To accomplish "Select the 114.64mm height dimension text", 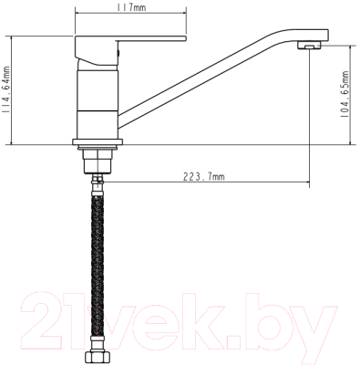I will click(x=5, y=90).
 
